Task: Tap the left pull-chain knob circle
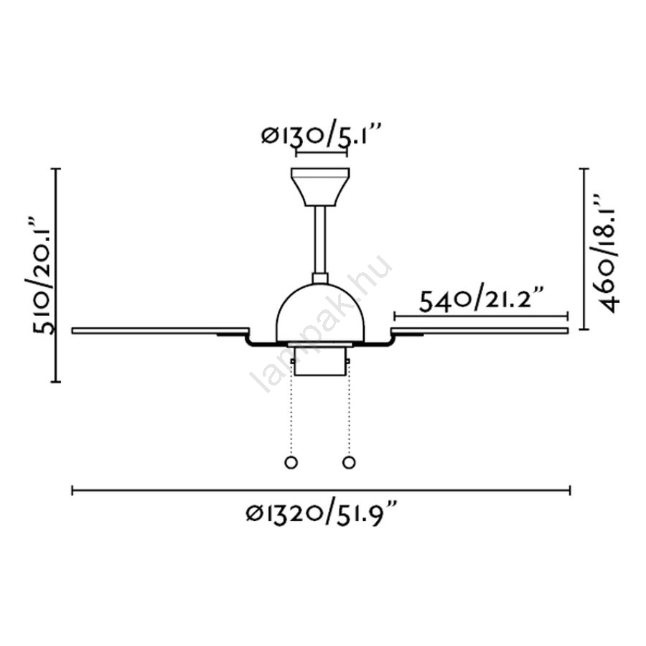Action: (291, 462)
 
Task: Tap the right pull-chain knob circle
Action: (349, 462)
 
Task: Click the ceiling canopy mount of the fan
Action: (320, 187)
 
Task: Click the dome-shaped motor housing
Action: (320, 313)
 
